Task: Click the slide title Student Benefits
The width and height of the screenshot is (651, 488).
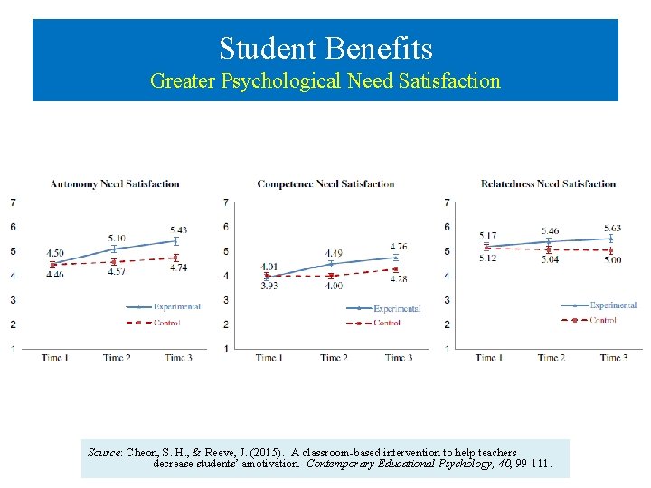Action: click(x=325, y=48)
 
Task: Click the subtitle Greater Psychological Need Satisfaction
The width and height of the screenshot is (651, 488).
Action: click(x=325, y=81)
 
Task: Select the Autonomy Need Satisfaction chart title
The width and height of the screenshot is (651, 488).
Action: click(x=115, y=184)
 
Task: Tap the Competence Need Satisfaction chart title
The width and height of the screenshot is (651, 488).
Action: click(x=325, y=184)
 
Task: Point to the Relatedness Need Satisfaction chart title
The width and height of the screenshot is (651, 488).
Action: click(x=548, y=184)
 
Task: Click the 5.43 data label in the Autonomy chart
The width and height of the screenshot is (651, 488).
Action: click(x=177, y=230)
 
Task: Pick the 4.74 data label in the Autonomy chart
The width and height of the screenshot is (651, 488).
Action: click(x=177, y=268)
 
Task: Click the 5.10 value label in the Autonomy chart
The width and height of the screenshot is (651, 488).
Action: click(x=117, y=238)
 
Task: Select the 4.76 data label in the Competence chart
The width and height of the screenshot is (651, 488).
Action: click(x=399, y=247)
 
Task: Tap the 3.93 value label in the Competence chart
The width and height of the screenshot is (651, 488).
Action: click(x=269, y=286)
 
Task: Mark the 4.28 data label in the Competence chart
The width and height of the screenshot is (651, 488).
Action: click(x=399, y=279)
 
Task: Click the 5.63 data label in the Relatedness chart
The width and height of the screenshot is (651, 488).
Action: click(x=613, y=228)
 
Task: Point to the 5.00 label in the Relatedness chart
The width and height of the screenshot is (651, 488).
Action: click(x=613, y=260)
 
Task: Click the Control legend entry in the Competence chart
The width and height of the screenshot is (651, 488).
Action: click(x=387, y=323)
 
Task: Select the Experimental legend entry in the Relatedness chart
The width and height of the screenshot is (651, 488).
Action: click(x=613, y=305)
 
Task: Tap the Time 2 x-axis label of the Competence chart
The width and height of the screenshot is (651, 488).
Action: click(x=334, y=358)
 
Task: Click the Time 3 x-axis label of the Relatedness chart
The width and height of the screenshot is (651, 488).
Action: click(x=612, y=358)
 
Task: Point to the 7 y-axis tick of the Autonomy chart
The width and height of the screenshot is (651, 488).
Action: click(x=13, y=202)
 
